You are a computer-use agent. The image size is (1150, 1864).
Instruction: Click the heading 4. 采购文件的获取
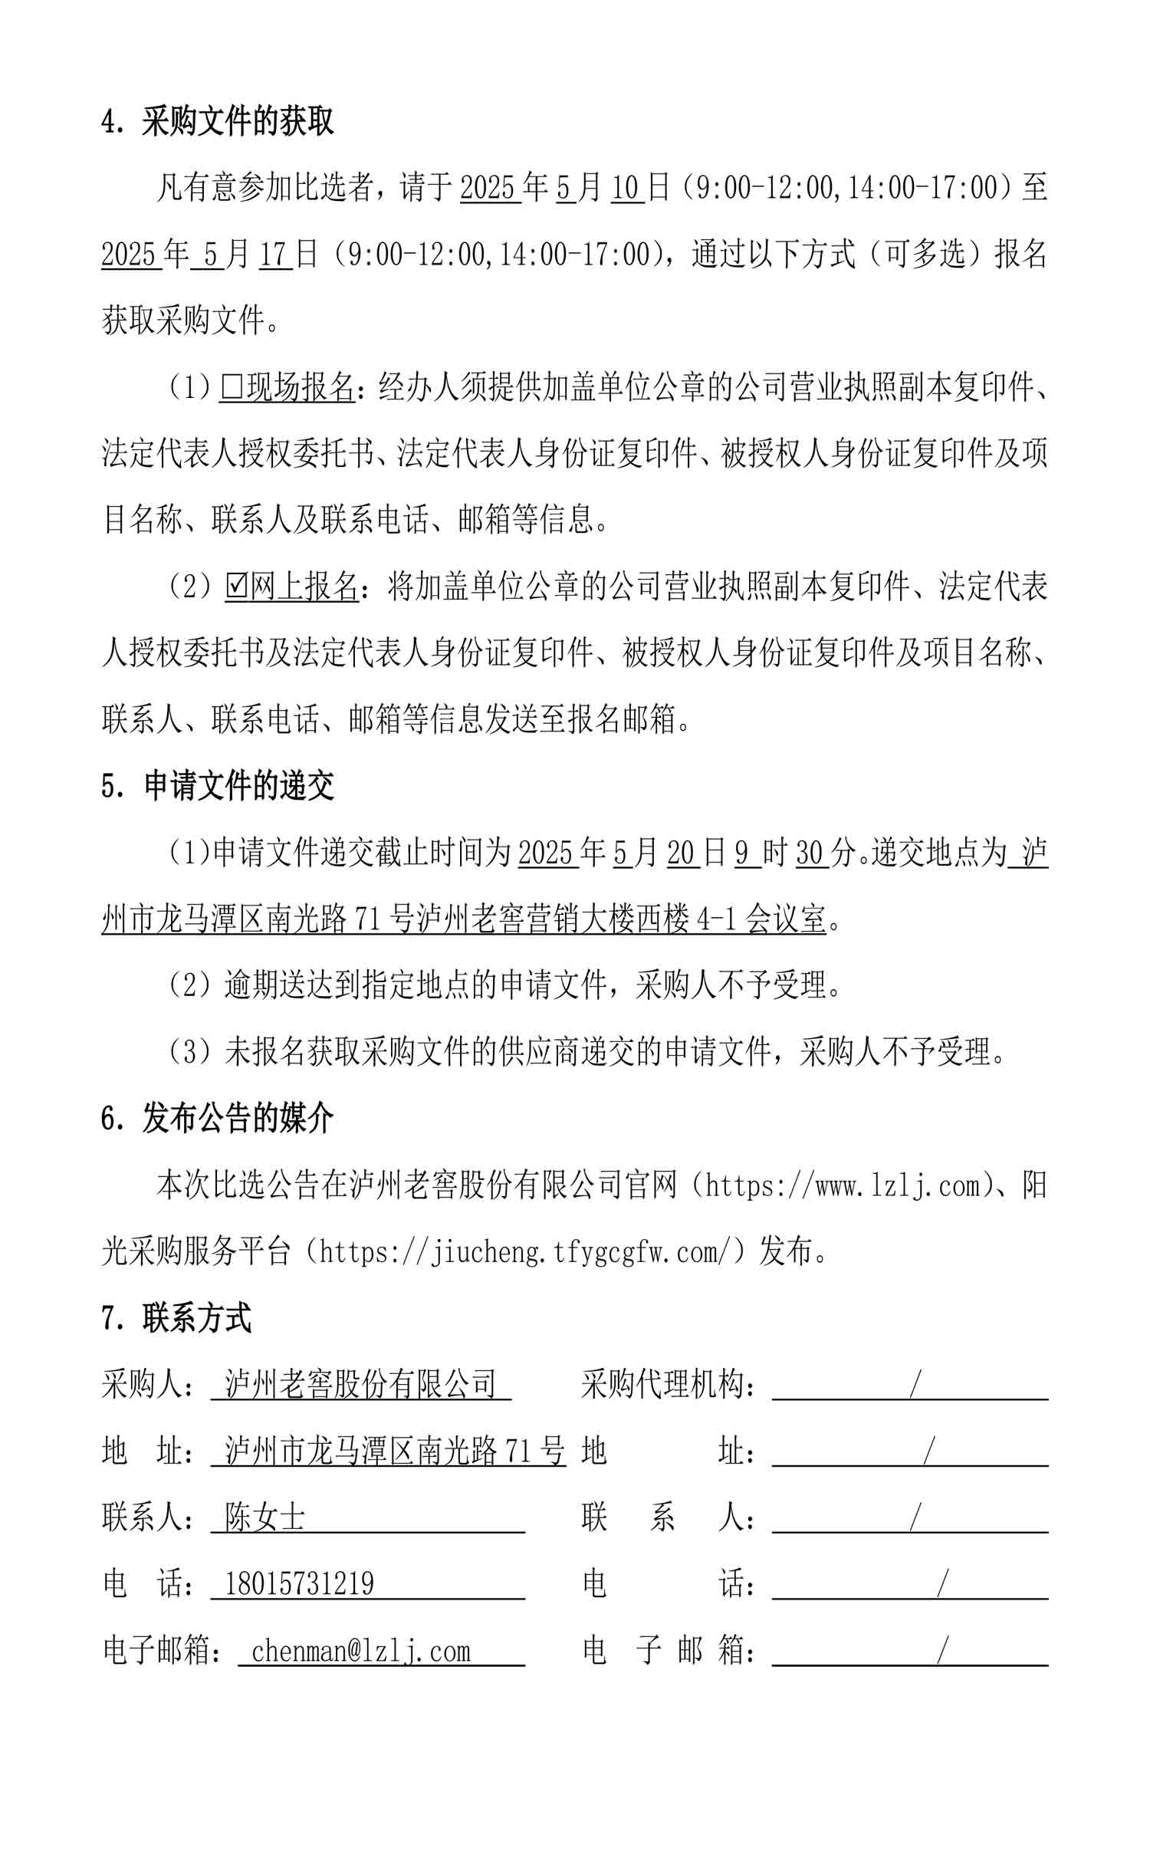coord(218,121)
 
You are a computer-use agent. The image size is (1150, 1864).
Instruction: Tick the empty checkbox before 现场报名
coord(231,388)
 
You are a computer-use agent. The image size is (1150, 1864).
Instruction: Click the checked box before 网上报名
coord(236,587)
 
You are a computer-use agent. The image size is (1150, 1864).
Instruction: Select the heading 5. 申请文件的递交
coord(218,786)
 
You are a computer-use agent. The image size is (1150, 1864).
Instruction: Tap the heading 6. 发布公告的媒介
coord(218,1119)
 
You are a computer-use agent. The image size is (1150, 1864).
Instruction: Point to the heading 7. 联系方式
coord(176,1318)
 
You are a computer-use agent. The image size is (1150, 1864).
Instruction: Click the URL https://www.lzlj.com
coord(843,1185)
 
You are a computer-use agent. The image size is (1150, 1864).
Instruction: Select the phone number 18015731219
coord(299,1584)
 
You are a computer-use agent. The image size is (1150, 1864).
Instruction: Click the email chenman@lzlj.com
coord(360,1651)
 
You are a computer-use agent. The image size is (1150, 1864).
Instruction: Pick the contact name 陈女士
coord(264,1517)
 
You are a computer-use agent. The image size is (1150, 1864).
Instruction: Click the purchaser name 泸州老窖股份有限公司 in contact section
coord(360,1384)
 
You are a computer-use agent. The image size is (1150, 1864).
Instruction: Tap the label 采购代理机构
coord(662,1384)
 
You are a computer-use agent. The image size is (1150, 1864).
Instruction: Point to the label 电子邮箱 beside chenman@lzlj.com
coord(156,1651)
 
